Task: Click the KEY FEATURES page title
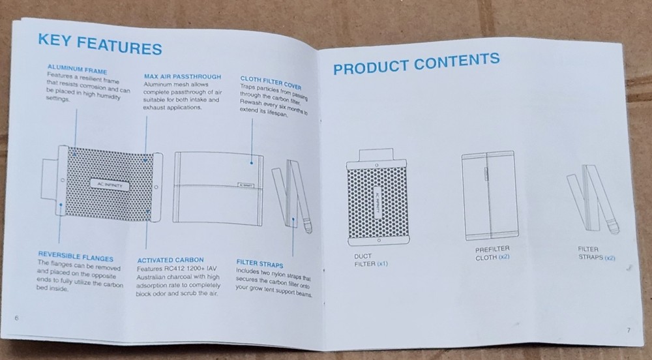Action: pyautogui.click(x=100, y=44)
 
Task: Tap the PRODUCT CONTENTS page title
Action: pyautogui.click(x=416, y=64)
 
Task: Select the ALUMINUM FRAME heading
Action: pyautogui.click(x=78, y=68)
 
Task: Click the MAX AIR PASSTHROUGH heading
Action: pyautogui.click(x=183, y=77)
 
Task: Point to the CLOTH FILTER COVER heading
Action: pyautogui.click(x=271, y=82)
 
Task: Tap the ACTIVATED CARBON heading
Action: pyautogui.click(x=170, y=260)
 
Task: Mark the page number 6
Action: pyautogui.click(x=17, y=318)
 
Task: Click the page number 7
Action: pyautogui.click(x=629, y=330)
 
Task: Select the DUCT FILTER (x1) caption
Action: pyautogui.click(x=370, y=260)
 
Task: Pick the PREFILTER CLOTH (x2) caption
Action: pyautogui.click(x=492, y=253)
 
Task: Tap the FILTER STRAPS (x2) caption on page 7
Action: pyautogui.click(x=597, y=253)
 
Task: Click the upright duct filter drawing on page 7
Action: pyautogui.click(x=377, y=196)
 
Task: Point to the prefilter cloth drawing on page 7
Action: pyautogui.click(x=490, y=196)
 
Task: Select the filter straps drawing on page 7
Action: pyautogui.click(x=593, y=198)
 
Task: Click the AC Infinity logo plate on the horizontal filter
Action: pyautogui.click(x=110, y=184)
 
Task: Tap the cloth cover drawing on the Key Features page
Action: pyautogui.click(x=218, y=188)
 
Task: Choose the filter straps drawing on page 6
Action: pyautogui.click(x=291, y=196)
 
